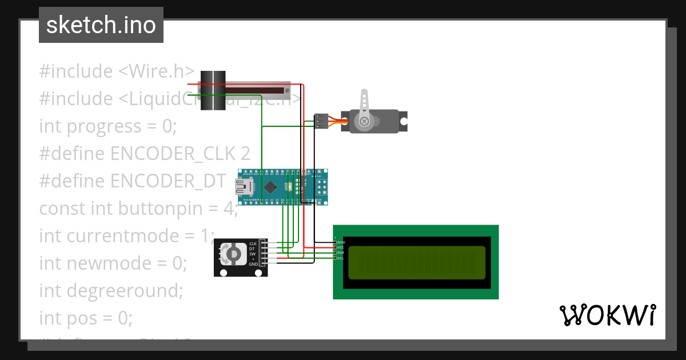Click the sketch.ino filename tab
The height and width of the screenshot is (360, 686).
(x=101, y=25)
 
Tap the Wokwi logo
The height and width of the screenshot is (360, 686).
(x=607, y=315)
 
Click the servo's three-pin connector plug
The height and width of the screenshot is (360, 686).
(x=321, y=121)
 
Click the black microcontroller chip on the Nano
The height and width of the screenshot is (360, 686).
(x=269, y=187)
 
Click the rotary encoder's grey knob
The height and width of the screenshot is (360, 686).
(x=233, y=254)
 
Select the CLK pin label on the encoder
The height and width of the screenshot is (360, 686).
(x=253, y=244)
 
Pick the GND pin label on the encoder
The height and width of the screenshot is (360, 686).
(x=253, y=265)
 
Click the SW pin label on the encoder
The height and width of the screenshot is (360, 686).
(x=252, y=254)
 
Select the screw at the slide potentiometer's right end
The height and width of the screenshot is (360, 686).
(x=287, y=90)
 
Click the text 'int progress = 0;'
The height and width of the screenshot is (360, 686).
(x=108, y=126)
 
